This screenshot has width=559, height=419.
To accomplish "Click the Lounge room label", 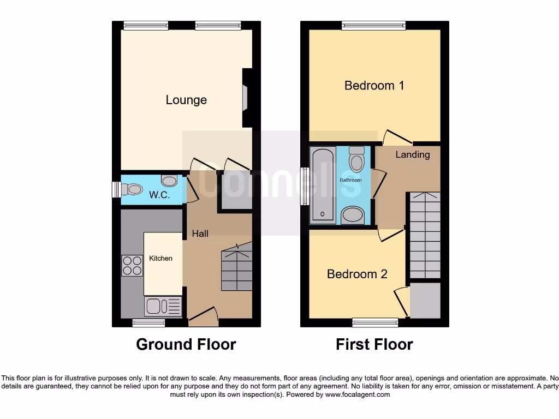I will tap(186, 100).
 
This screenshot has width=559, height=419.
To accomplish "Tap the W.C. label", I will tap(159, 195).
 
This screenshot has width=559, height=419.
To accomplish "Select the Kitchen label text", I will tap(160, 258).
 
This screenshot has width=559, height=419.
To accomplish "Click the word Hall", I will tap(200, 234).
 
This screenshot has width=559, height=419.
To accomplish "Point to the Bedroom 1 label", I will tap(374, 86).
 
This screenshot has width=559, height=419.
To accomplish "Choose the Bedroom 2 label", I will tap(357, 274).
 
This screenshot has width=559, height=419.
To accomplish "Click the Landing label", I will tap(412, 154).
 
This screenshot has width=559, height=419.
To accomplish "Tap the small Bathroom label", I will tap(350, 180).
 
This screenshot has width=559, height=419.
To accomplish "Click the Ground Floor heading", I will tap(186, 344).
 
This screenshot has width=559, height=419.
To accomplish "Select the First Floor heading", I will tap(374, 344).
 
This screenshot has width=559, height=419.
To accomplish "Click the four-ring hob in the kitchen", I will tap(132, 266).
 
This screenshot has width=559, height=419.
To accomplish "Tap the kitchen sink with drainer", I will tap(163, 307).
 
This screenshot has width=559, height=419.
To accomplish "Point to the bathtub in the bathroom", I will tap(323, 187).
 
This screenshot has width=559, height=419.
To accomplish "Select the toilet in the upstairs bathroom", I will tap(356, 162).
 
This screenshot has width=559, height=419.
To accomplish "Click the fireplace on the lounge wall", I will tap(246, 98).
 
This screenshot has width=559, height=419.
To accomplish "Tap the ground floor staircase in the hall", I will tap(236, 268).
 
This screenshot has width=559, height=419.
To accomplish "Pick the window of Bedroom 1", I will tap(374, 25).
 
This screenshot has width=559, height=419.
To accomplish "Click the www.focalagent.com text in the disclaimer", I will tap(358, 394).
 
